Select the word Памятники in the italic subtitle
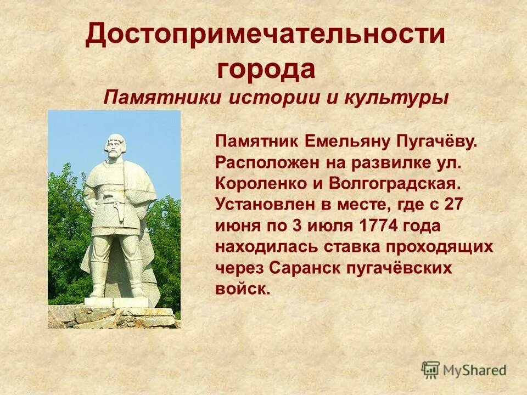click(x=162, y=98)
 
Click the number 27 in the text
click(x=454, y=204)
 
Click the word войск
click(x=243, y=289)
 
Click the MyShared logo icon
click(x=430, y=370)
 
